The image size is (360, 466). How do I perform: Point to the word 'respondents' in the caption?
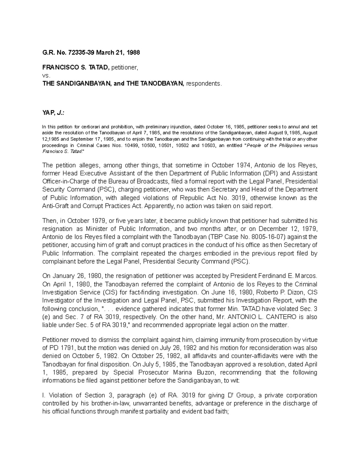coord(204,84)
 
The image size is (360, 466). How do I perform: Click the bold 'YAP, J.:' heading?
coord(53,112)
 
